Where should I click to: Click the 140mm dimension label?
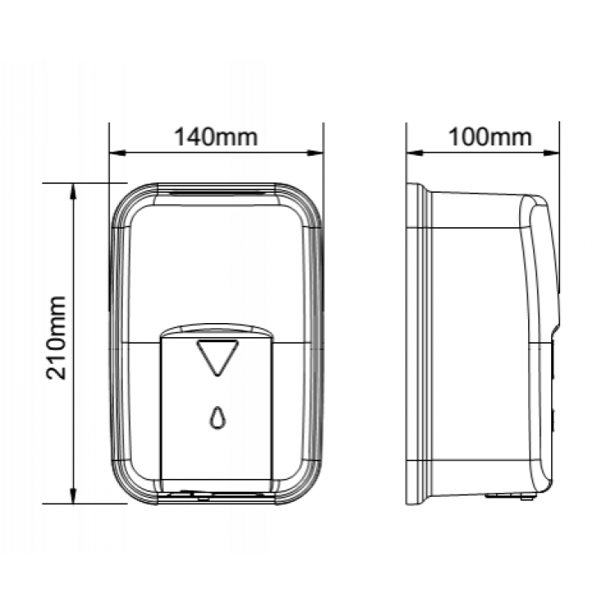pyautogui.click(x=216, y=137)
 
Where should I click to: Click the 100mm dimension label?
pyautogui.click(x=490, y=137)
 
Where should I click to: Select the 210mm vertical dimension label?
pyautogui.click(x=56, y=338)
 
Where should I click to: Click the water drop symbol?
pyautogui.click(x=217, y=417)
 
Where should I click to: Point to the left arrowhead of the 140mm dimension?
pyautogui.click(x=117, y=153)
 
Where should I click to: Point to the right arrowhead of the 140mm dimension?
pyautogui.click(x=315, y=153)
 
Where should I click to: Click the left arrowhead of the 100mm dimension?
pyautogui.click(x=414, y=153)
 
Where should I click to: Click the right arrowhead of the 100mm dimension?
pyautogui.click(x=551, y=153)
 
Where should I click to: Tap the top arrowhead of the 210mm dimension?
pyautogui.click(x=73, y=191)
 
